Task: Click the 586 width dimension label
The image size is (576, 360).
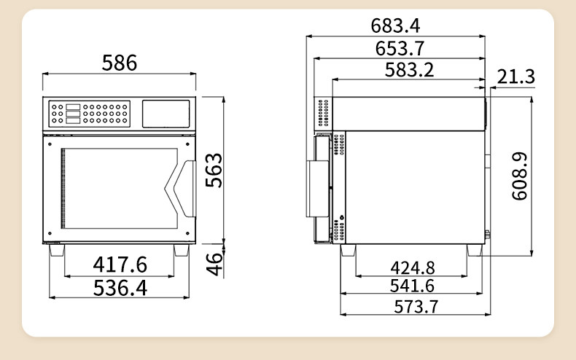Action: (120, 63)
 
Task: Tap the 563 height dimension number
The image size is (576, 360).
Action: (214, 170)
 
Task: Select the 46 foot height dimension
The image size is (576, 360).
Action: (214, 264)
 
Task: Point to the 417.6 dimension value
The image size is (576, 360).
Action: (120, 265)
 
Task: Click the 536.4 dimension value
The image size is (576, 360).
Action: (120, 288)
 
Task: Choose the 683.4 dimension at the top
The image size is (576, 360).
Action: (395, 26)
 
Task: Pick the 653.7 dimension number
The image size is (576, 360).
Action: (400, 49)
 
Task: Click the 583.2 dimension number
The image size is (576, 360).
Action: (409, 70)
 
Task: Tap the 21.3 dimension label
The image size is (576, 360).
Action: (516, 77)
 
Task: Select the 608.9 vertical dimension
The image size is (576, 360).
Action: (520, 176)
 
